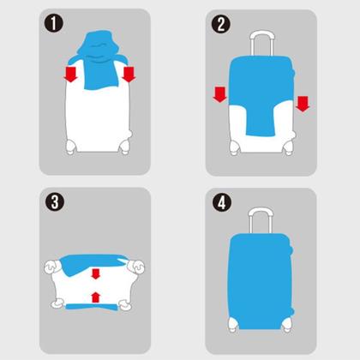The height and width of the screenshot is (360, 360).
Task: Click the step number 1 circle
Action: (x=53, y=24)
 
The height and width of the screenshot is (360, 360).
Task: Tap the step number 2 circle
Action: (x=220, y=24)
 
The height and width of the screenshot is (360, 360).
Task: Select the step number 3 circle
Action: (x=54, y=202)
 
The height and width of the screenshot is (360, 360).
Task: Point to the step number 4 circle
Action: (x=221, y=203)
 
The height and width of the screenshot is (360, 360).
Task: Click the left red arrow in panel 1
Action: (x=70, y=75)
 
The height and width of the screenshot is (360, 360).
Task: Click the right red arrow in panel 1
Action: (x=129, y=75)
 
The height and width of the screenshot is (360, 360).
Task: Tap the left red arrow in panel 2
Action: (x=219, y=94)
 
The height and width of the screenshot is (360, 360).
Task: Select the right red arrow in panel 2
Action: (x=303, y=104)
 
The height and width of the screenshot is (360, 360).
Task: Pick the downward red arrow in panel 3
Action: (x=95, y=273)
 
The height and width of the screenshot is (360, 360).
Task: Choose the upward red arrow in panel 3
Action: (x=95, y=297)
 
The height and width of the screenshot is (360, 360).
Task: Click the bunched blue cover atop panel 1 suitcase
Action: (x=99, y=59)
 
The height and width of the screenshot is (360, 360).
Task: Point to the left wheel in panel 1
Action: (x=70, y=147)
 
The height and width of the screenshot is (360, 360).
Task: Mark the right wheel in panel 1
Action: (x=125, y=146)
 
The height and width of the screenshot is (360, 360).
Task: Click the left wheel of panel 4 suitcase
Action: (x=233, y=325)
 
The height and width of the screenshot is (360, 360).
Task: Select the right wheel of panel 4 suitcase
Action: (x=287, y=325)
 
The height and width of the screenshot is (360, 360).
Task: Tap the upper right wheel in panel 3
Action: (x=136, y=267)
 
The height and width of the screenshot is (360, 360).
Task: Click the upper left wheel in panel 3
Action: (x=52, y=267)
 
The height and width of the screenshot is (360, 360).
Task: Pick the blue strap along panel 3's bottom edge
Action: (x=92, y=307)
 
